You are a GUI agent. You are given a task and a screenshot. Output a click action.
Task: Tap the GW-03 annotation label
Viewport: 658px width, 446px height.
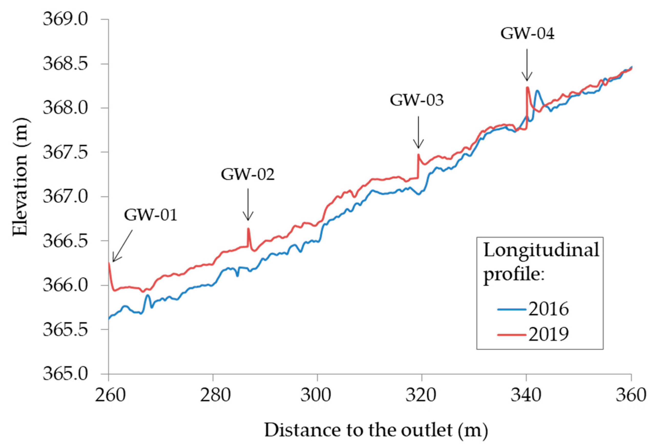416,100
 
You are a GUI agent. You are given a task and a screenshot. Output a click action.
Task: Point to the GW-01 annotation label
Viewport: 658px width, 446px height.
151,215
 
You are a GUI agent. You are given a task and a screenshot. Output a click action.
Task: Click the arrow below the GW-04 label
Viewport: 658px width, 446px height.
527,65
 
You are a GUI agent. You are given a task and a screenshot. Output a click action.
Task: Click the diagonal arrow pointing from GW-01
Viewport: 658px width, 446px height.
122,246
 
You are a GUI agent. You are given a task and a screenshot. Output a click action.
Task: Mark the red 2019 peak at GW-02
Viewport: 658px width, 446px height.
248,229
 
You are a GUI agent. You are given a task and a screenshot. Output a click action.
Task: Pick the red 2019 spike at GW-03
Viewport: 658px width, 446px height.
418,155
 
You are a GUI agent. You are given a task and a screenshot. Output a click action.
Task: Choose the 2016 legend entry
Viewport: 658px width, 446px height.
534,309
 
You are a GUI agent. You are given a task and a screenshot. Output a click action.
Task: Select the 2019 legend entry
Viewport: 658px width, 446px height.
534,334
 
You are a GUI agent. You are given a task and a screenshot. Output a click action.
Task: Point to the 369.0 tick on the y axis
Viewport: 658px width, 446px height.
65,19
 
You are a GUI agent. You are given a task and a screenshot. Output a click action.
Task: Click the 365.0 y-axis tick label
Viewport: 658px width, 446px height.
65,374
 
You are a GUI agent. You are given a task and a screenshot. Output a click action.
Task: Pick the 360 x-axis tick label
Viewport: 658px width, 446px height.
631,395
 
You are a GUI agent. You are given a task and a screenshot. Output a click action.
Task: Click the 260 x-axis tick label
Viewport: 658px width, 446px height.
110,395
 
